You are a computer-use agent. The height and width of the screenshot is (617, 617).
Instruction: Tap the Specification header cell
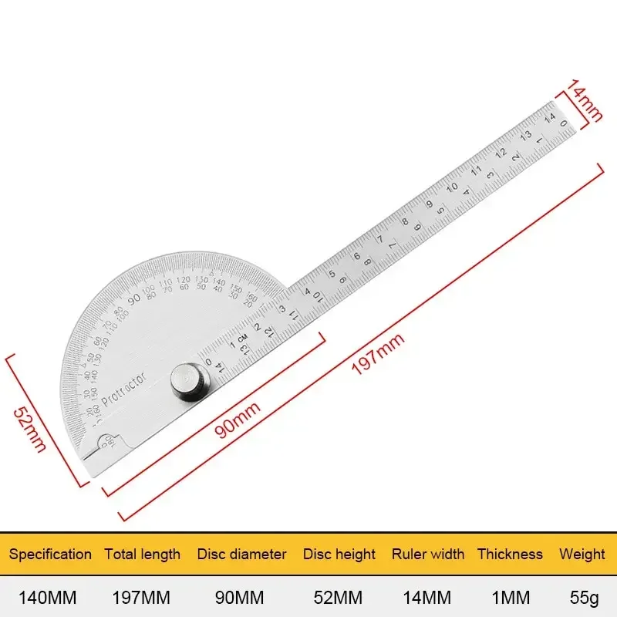click(x=50, y=554)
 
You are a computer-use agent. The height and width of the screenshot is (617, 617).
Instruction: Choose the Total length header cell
click(x=143, y=554)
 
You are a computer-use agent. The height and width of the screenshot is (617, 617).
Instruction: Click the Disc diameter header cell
click(x=241, y=554)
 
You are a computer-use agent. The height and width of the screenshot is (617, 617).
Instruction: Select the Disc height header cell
click(x=339, y=554)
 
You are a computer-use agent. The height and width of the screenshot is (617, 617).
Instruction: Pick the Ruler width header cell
click(x=428, y=554)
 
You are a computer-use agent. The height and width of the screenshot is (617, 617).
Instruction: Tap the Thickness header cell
click(x=510, y=554)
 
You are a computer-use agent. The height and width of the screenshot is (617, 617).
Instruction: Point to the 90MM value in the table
click(x=241, y=598)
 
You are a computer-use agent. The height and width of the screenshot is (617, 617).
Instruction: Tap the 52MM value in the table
click(x=339, y=598)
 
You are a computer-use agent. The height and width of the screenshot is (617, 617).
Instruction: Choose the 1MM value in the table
click(x=510, y=598)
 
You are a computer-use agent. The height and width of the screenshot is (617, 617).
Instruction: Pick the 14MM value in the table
click(x=428, y=598)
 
